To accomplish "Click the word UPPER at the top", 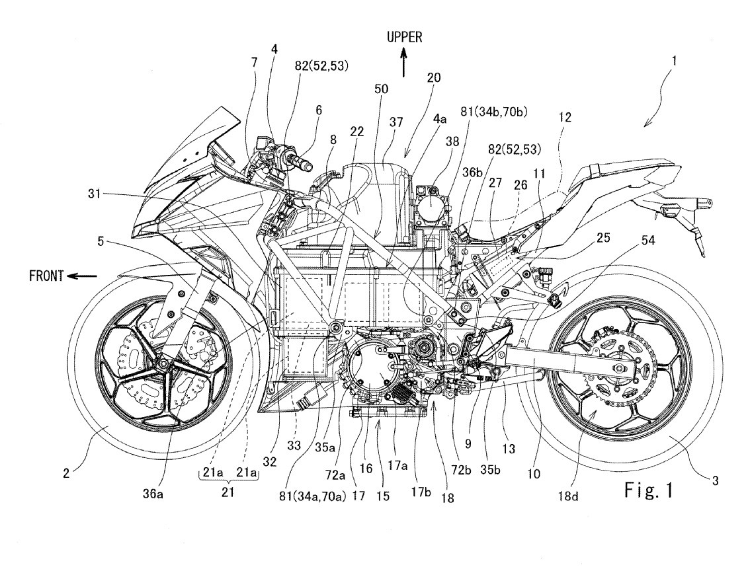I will pyautogui.click(x=405, y=38).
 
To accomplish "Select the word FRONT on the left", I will pyautogui.click(x=45, y=276).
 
